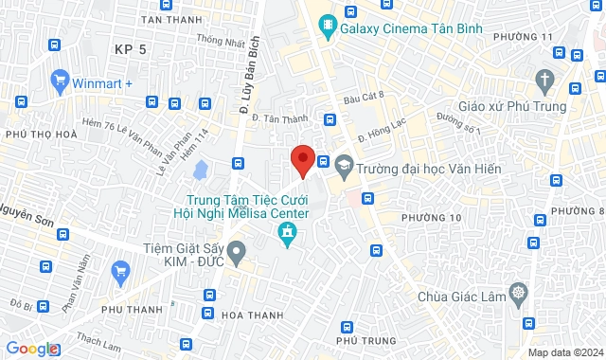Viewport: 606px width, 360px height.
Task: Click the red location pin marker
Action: pyautogui.click(x=302, y=160)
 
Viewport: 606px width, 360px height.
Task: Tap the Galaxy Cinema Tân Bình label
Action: pyautogui.click(x=412, y=28)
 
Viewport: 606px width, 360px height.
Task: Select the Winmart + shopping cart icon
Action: pyautogui.click(x=62, y=80)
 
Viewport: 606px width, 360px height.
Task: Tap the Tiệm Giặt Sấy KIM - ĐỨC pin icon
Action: pyautogui.click(x=237, y=252)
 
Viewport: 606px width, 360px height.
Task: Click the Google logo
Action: pyautogui.click(x=31, y=349)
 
